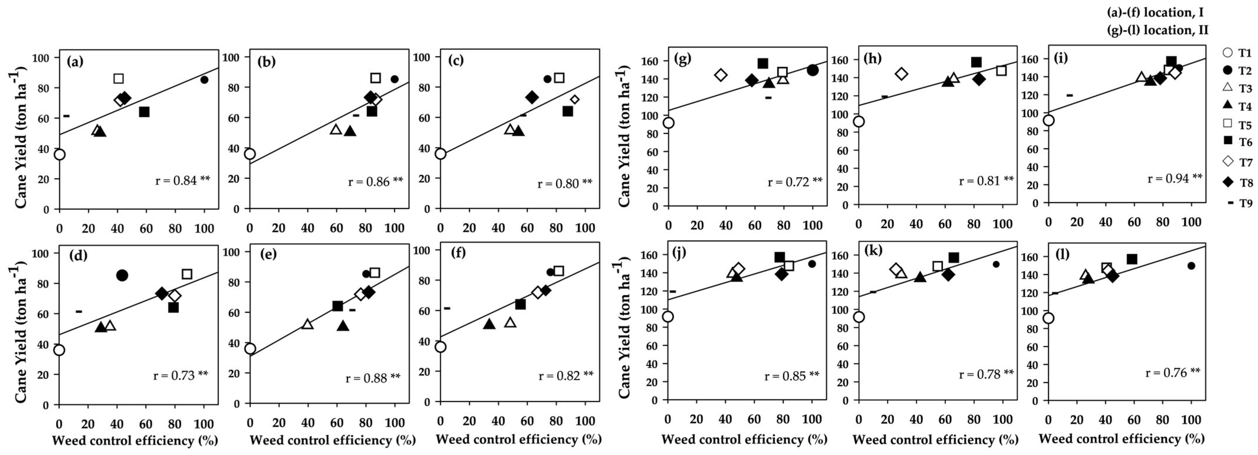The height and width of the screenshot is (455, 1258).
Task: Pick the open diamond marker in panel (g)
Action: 721,75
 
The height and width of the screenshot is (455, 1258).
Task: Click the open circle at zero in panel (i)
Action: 1048,120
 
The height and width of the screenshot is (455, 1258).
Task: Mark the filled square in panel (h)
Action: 976,62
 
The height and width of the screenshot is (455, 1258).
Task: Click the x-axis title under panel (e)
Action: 332,440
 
